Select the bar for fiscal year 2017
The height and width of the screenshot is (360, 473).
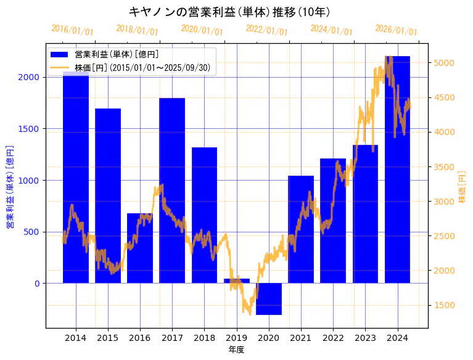click(x=172, y=190)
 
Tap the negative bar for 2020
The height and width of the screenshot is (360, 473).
click(x=269, y=299)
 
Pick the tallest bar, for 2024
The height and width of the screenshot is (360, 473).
click(x=397, y=170)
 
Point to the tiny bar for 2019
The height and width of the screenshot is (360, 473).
click(x=237, y=281)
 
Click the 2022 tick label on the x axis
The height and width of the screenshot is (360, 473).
click(x=333, y=338)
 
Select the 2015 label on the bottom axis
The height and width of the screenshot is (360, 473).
click(x=108, y=338)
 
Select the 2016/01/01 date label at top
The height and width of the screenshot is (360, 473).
click(x=72, y=30)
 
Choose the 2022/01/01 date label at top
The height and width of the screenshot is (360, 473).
click(x=266, y=30)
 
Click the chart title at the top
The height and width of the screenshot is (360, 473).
click(x=229, y=12)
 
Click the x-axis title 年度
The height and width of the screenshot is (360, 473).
click(x=237, y=350)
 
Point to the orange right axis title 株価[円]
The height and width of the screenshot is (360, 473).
click(x=462, y=188)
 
